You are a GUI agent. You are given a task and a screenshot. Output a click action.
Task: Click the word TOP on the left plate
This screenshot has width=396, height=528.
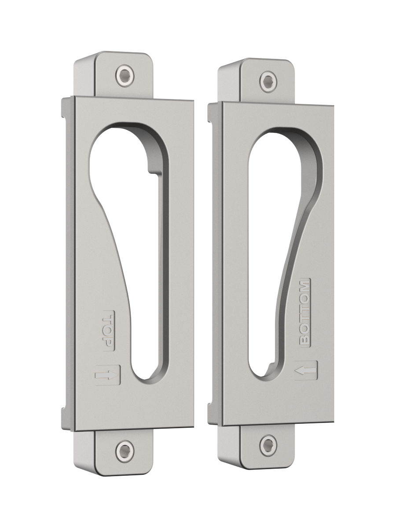(x=108, y=331)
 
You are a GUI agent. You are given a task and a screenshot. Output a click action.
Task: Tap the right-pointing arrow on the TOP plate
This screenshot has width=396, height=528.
(x=107, y=375)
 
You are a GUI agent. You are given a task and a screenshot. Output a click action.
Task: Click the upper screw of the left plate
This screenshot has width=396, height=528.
(x=124, y=76)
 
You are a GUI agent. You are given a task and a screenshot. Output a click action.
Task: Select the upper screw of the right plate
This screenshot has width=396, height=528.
(x=268, y=81)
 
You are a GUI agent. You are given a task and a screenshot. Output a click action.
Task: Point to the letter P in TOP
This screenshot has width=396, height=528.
(x=108, y=342)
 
